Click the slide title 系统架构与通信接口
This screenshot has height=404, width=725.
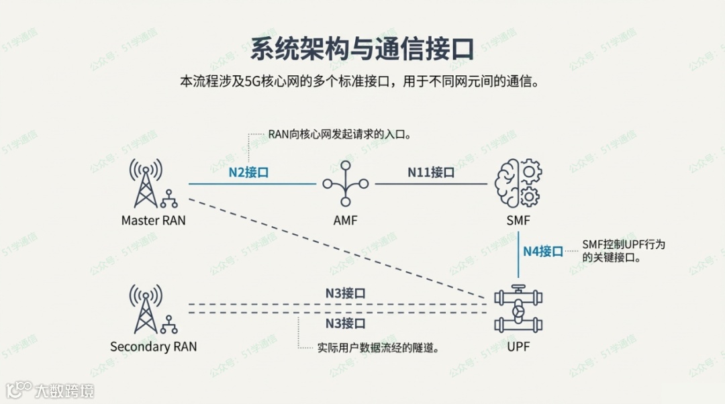click(362, 48)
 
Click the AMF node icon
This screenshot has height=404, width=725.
click(345, 183)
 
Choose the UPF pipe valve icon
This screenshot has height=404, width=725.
click(518, 310)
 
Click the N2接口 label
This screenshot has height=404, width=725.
click(248, 172)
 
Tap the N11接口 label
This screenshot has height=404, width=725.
click(431, 172)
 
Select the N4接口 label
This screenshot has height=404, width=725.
click(543, 252)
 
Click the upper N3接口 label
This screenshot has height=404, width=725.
click(346, 293)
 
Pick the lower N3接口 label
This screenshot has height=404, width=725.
click(346, 323)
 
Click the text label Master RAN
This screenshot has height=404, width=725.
click(154, 220)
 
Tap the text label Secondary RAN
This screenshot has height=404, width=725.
click(154, 347)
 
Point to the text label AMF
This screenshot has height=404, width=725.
click(345, 220)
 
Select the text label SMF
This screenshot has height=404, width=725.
click(518, 220)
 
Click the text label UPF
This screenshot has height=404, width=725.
click(518, 347)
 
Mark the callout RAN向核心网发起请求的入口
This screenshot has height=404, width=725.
click(339, 134)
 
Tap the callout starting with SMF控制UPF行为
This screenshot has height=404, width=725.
click(623, 251)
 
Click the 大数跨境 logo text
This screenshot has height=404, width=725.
click(64, 391)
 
